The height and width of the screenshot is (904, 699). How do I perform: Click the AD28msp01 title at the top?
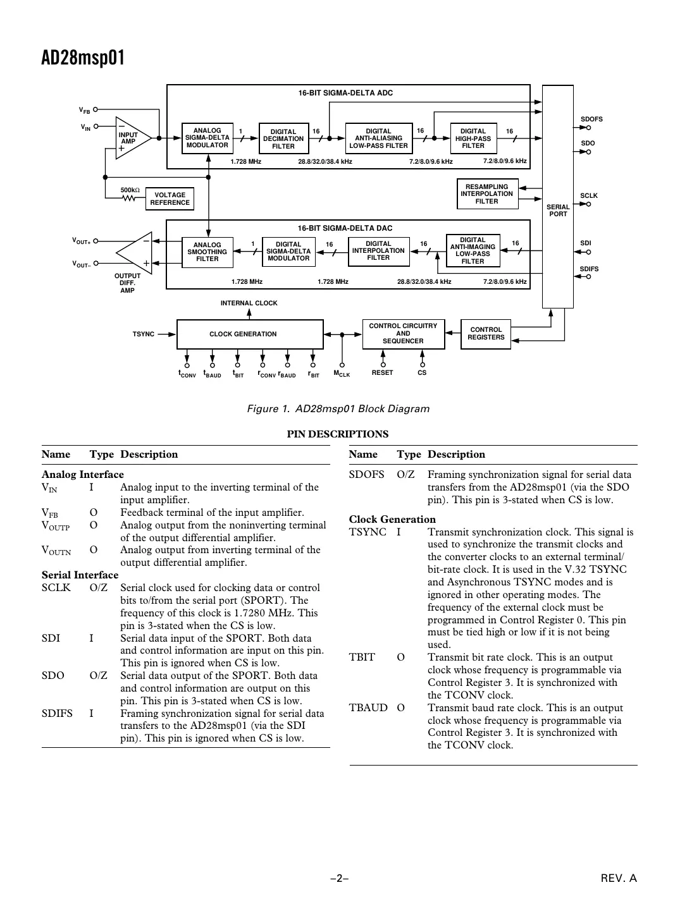[x=83, y=58]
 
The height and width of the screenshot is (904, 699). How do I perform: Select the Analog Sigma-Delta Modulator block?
[x=207, y=138]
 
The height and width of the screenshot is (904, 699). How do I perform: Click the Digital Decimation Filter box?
[x=283, y=138]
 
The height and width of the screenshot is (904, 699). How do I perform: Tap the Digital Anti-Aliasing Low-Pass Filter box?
[x=378, y=138]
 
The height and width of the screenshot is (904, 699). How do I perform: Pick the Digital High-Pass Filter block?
[x=473, y=138]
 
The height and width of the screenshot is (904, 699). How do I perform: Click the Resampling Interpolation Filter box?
[x=487, y=194]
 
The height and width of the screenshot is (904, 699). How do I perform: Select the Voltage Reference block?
[x=170, y=199]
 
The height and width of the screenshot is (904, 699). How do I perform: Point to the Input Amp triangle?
[x=130, y=138]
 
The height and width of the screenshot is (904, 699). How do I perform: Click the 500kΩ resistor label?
[x=130, y=190]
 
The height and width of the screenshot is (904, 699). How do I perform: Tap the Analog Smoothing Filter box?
[x=207, y=252]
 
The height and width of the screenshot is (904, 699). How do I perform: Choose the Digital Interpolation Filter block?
[x=378, y=251]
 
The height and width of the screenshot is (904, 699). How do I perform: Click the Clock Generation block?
[x=243, y=334]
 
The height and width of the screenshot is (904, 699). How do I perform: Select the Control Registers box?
[x=486, y=334]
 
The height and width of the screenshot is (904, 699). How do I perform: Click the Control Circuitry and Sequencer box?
[x=403, y=334]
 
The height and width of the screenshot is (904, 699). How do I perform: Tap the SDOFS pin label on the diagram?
[x=591, y=119]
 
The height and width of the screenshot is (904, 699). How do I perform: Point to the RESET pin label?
[x=382, y=373]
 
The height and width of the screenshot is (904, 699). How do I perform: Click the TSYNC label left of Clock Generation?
[x=144, y=334]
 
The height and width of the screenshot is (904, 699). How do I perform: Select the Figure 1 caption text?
[x=338, y=408]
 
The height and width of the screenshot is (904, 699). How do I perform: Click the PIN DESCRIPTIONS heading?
[x=338, y=434]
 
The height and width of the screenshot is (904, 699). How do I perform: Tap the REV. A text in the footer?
[x=618, y=877]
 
